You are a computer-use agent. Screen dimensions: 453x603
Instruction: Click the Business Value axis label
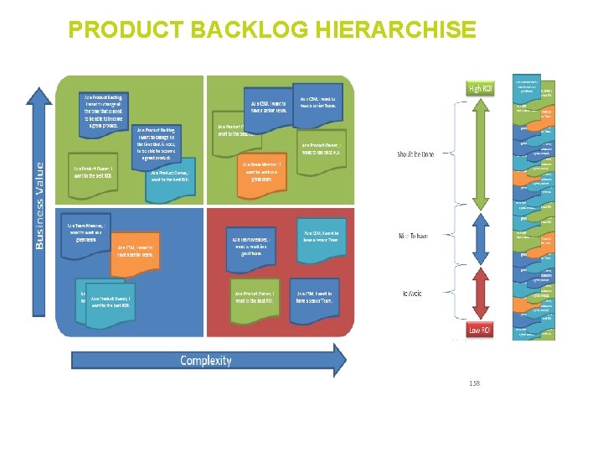click(x=39, y=206)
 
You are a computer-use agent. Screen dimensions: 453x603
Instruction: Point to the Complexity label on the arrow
click(x=205, y=361)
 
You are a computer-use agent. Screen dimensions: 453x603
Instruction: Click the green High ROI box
click(x=480, y=88)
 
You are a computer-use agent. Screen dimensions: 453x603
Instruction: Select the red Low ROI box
click(x=480, y=330)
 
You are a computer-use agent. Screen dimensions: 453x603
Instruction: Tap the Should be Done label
click(x=415, y=154)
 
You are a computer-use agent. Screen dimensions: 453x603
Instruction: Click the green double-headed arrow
click(x=480, y=154)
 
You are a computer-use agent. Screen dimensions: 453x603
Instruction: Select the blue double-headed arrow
click(x=480, y=237)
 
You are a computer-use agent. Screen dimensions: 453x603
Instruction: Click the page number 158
click(x=474, y=383)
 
